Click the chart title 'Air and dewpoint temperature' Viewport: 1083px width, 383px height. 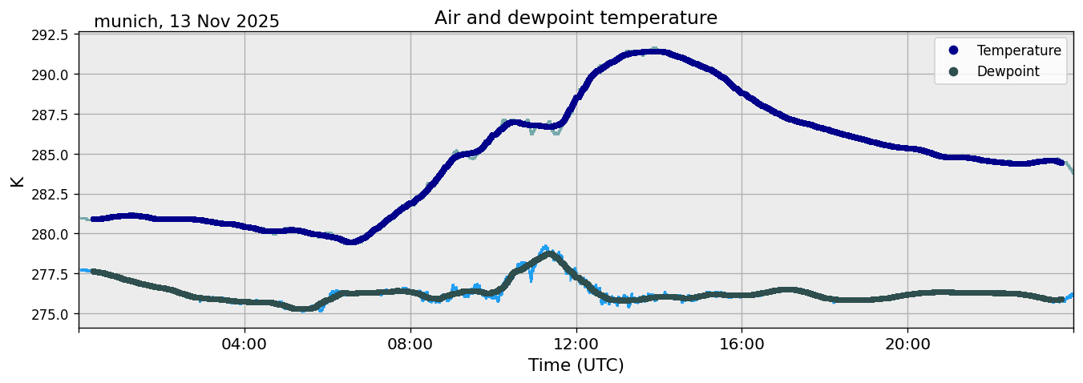coord(576,18)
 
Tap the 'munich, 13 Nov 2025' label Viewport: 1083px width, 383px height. coord(187,22)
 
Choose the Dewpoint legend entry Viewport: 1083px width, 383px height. coord(1008,71)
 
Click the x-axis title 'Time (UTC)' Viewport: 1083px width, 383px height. coord(576,365)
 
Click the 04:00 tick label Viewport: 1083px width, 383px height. coord(244,345)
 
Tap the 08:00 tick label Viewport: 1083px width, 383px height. coord(410,345)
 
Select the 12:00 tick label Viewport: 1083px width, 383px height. coord(576,345)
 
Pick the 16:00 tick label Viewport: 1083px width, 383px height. coord(742,345)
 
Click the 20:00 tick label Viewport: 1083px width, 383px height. coord(907,345)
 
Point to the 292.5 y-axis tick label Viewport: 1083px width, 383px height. coord(51,35)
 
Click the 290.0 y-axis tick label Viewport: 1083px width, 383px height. coord(51,75)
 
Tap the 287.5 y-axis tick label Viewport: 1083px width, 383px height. coord(51,115)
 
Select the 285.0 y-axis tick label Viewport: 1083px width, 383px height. coord(51,155)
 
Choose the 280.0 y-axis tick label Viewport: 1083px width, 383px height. coord(51,234)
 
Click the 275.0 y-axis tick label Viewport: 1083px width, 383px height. coord(51,314)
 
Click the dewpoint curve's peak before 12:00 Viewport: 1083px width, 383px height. coord(549,255)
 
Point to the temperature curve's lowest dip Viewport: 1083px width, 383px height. coord(350,241)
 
